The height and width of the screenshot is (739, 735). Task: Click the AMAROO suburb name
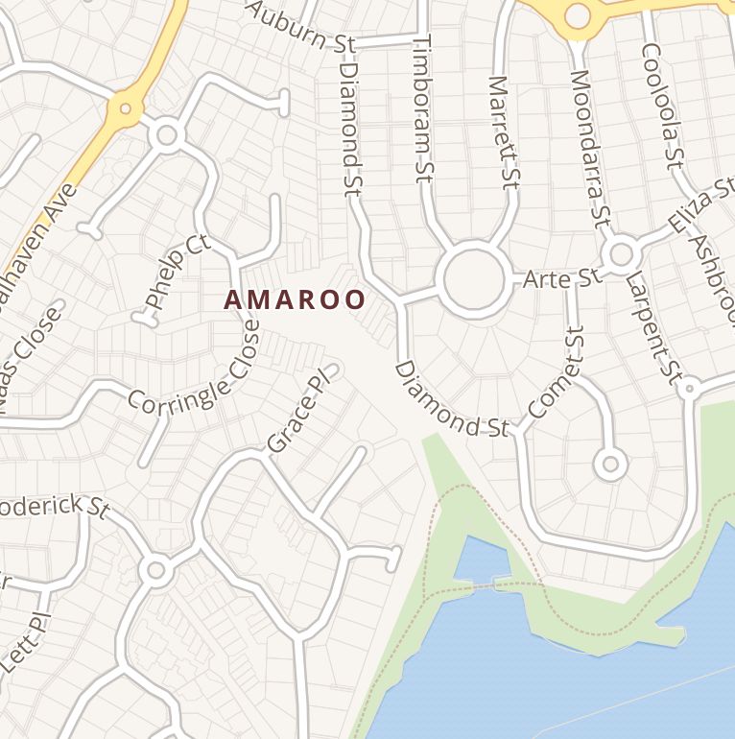296,300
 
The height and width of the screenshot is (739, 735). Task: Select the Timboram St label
423,108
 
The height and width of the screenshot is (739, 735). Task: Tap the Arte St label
561,279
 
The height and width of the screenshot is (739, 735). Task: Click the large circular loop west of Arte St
473,279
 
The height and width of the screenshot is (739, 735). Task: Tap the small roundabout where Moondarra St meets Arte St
622,254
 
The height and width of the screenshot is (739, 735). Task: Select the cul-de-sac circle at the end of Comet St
610,465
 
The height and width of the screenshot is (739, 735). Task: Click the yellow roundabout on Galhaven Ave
125,108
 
